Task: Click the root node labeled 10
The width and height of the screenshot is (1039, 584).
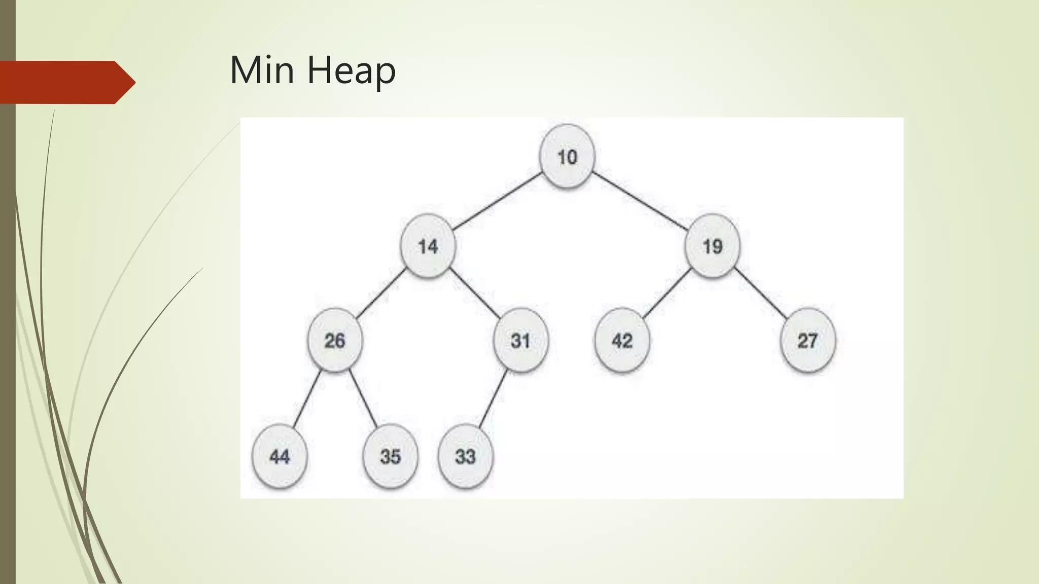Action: (x=567, y=157)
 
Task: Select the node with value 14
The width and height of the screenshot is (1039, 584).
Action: (x=428, y=246)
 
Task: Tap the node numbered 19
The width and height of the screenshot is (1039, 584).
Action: (x=712, y=246)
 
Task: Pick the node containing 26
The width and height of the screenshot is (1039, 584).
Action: (x=335, y=340)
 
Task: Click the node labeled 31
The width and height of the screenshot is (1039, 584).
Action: (x=521, y=340)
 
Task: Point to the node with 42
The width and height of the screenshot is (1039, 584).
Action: (x=622, y=340)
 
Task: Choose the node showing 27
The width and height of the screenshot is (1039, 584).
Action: (x=807, y=340)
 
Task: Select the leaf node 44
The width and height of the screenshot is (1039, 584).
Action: (x=280, y=456)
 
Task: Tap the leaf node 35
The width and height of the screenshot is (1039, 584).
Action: (x=390, y=456)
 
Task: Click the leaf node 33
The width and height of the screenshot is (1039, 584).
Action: (x=465, y=456)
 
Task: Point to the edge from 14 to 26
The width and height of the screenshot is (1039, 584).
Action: (x=381, y=293)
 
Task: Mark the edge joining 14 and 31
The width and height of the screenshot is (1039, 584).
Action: (x=475, y=293)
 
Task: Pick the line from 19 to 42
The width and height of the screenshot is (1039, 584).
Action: (x=667, y=293)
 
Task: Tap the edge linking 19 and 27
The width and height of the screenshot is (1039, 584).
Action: (x=761, y=293)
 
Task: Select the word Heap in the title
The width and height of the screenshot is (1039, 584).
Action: (x=351, y=71)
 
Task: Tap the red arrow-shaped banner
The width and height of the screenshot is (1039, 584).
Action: (x=66, y=82)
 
